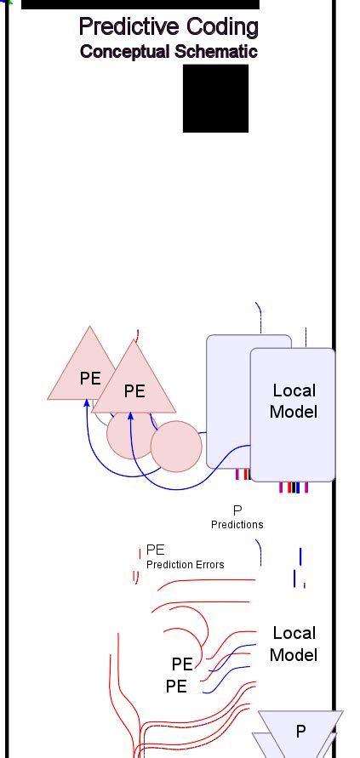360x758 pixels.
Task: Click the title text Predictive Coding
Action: pos(168,27)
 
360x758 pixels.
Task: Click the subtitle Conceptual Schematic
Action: pos(169,51)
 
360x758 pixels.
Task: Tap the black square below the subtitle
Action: pos(215,98)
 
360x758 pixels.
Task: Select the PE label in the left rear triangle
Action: pos(90,379)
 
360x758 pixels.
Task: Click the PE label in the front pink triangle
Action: pos(134,391)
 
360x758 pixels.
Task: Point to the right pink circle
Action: pos(176,446)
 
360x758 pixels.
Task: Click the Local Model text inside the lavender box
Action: pos(294,401)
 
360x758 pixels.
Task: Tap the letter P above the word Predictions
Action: pos(237,510)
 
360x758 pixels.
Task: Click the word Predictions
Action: pos(237,524)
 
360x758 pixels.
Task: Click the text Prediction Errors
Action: pos(186,564)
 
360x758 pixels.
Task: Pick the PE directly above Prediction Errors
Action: pos(156,550)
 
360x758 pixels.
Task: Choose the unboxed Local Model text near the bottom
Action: pos(294,644)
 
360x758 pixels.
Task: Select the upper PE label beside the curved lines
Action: pos(182,664)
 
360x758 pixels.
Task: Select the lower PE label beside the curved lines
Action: pos(176,686)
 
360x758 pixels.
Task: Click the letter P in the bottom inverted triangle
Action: pos(300,731)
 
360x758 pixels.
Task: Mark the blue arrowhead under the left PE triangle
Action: pos(87,402)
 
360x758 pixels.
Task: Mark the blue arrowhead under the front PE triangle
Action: pos(130,416)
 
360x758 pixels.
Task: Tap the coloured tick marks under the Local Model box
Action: pos(294,487)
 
